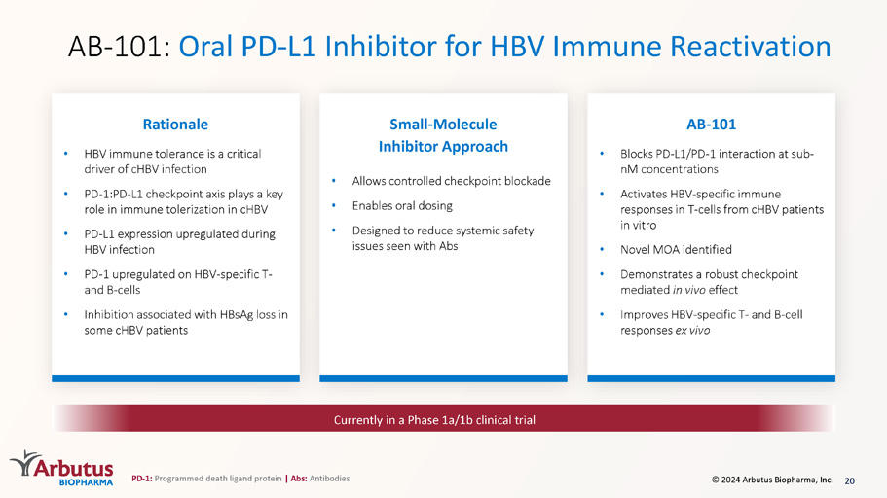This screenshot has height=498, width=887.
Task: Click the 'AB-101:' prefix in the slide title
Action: (x=119, y=47)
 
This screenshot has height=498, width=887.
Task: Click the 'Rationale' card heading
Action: (x=175, y=124)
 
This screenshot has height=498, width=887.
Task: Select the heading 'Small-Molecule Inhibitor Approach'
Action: (x=444, y=135)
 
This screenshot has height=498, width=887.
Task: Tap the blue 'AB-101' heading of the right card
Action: (x=711, y=124)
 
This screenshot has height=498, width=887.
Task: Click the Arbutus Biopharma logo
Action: (x=61, y=468)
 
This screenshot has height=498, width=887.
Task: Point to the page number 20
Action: (x=849, y=480)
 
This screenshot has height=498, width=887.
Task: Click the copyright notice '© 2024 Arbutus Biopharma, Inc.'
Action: (x=772, y=480)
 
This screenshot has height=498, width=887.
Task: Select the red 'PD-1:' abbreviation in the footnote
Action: (x=141, y=479)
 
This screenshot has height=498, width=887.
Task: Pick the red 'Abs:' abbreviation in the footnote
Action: (x=299, y=479)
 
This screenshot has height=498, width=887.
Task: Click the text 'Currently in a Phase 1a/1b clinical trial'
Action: (x=434, y=420)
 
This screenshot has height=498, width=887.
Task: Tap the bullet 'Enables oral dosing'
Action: (x=402, y=206)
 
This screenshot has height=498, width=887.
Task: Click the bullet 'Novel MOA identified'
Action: (x=676, y=249)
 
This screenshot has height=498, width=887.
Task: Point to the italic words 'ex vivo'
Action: (x=692, y=330)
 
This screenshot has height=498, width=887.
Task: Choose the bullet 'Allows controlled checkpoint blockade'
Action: (x=452, y=181)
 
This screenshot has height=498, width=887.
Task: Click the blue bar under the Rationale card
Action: (x=175, y=378)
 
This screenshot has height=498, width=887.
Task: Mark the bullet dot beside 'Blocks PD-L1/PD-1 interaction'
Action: (x=602, y=153)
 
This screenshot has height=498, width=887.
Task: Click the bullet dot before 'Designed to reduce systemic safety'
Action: (x=334, y=231)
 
